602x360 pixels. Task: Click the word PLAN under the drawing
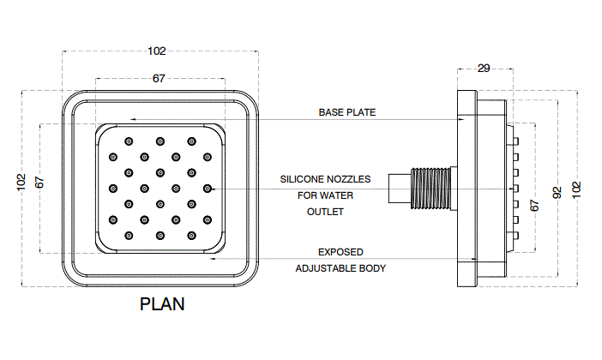pyautogui.click(x=162, y=304)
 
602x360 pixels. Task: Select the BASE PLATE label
pyautogui.click(x=347, y=112)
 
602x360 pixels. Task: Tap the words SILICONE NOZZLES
pyautogui.click(x=325, y=179)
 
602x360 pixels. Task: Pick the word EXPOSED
pyautogui.click(x=340, y=252)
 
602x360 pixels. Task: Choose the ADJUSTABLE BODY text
pyautogui.click(x=340, y=268)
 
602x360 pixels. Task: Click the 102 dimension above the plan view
pyautogui.click(x=157, y=51)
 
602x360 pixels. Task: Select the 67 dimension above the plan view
pyautogui.click(x=159, y=78)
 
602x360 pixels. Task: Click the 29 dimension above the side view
pyautogui.click(x=484, y=68)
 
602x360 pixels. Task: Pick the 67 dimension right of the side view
pyautogui.click(x=535, y=206)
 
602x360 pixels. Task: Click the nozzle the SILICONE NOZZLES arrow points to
pyautogui.click(x=207, y=188)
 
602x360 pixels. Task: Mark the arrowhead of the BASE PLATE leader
pyautogui.click(x=460, y=119)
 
